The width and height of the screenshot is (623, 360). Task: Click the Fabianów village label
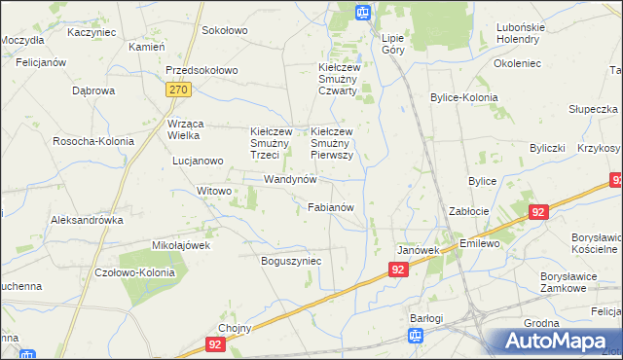click(x=336, y=207)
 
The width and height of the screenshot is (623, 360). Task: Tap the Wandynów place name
click(x=291, y=180)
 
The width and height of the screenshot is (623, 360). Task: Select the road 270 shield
click(x=177, y=90)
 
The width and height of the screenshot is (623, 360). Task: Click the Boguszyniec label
click(x=291, y=261)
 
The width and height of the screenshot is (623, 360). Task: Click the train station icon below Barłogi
click(x=416, y=337)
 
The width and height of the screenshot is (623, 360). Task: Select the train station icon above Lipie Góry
click(x=363, y=13)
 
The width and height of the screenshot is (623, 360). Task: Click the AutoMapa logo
click(x=558, y=342)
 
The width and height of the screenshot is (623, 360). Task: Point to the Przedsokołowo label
click(x=202, y=71)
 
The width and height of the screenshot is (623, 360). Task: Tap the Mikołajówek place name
click(x=181, y=245)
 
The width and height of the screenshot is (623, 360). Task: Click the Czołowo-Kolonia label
click(x=135, y=272)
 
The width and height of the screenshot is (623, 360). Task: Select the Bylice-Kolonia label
click(x=464, y=98)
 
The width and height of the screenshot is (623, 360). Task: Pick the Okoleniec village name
click(x=517, y=63)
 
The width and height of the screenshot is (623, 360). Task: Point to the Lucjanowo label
click(x=196, y=161)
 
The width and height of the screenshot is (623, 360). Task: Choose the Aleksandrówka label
click(x=88, y=220)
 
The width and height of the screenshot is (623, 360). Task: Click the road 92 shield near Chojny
click(x=215, y=344)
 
